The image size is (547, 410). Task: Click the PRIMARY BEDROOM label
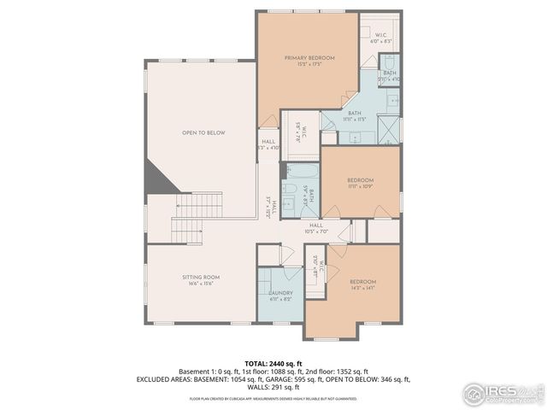[x=309, y=57]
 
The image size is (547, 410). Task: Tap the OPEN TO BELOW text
[x=203, y=132]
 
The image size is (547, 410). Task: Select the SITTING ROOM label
[x=201, y=278]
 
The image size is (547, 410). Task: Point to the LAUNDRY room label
[x=280, y=292]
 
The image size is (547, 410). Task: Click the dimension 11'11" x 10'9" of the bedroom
[x=360, y=186]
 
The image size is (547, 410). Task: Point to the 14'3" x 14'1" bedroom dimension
[x=362, y=288]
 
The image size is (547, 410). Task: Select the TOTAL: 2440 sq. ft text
[x=273, y=364]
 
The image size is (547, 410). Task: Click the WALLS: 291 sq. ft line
[x=273, y=386]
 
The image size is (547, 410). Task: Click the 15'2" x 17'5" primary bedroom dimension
[x=309, y=64]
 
